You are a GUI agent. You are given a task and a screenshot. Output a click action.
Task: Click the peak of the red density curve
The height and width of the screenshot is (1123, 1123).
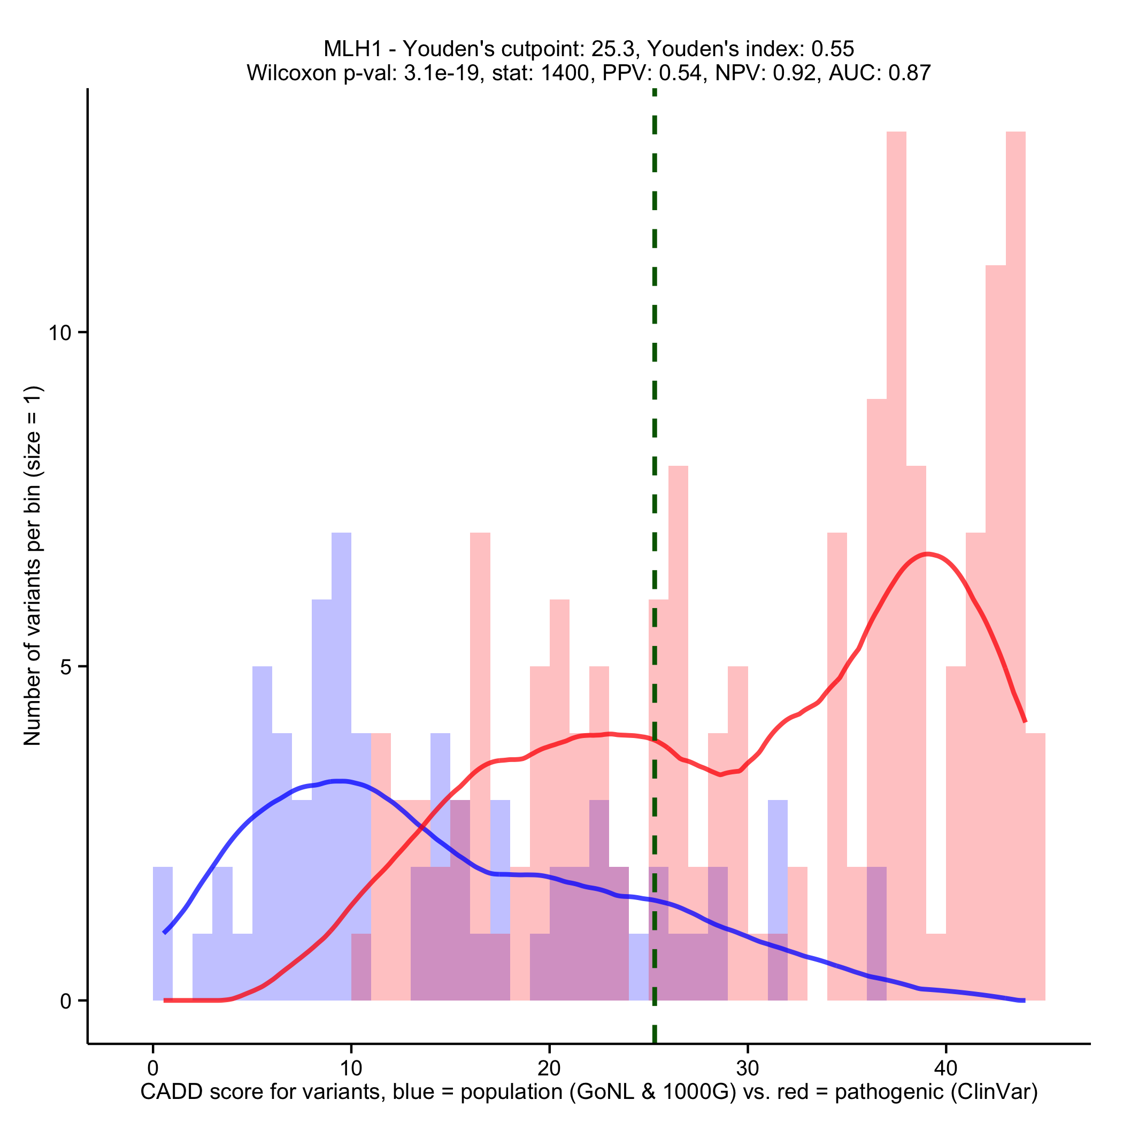pyautogui.click(x=927, y=554)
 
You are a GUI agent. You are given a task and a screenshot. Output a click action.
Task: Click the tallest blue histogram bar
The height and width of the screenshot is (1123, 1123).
pyautogui.click(x=341, y=756)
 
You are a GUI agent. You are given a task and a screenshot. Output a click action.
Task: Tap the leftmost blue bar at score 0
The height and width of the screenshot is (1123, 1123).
pyautogui.click(x=163, y=936)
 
